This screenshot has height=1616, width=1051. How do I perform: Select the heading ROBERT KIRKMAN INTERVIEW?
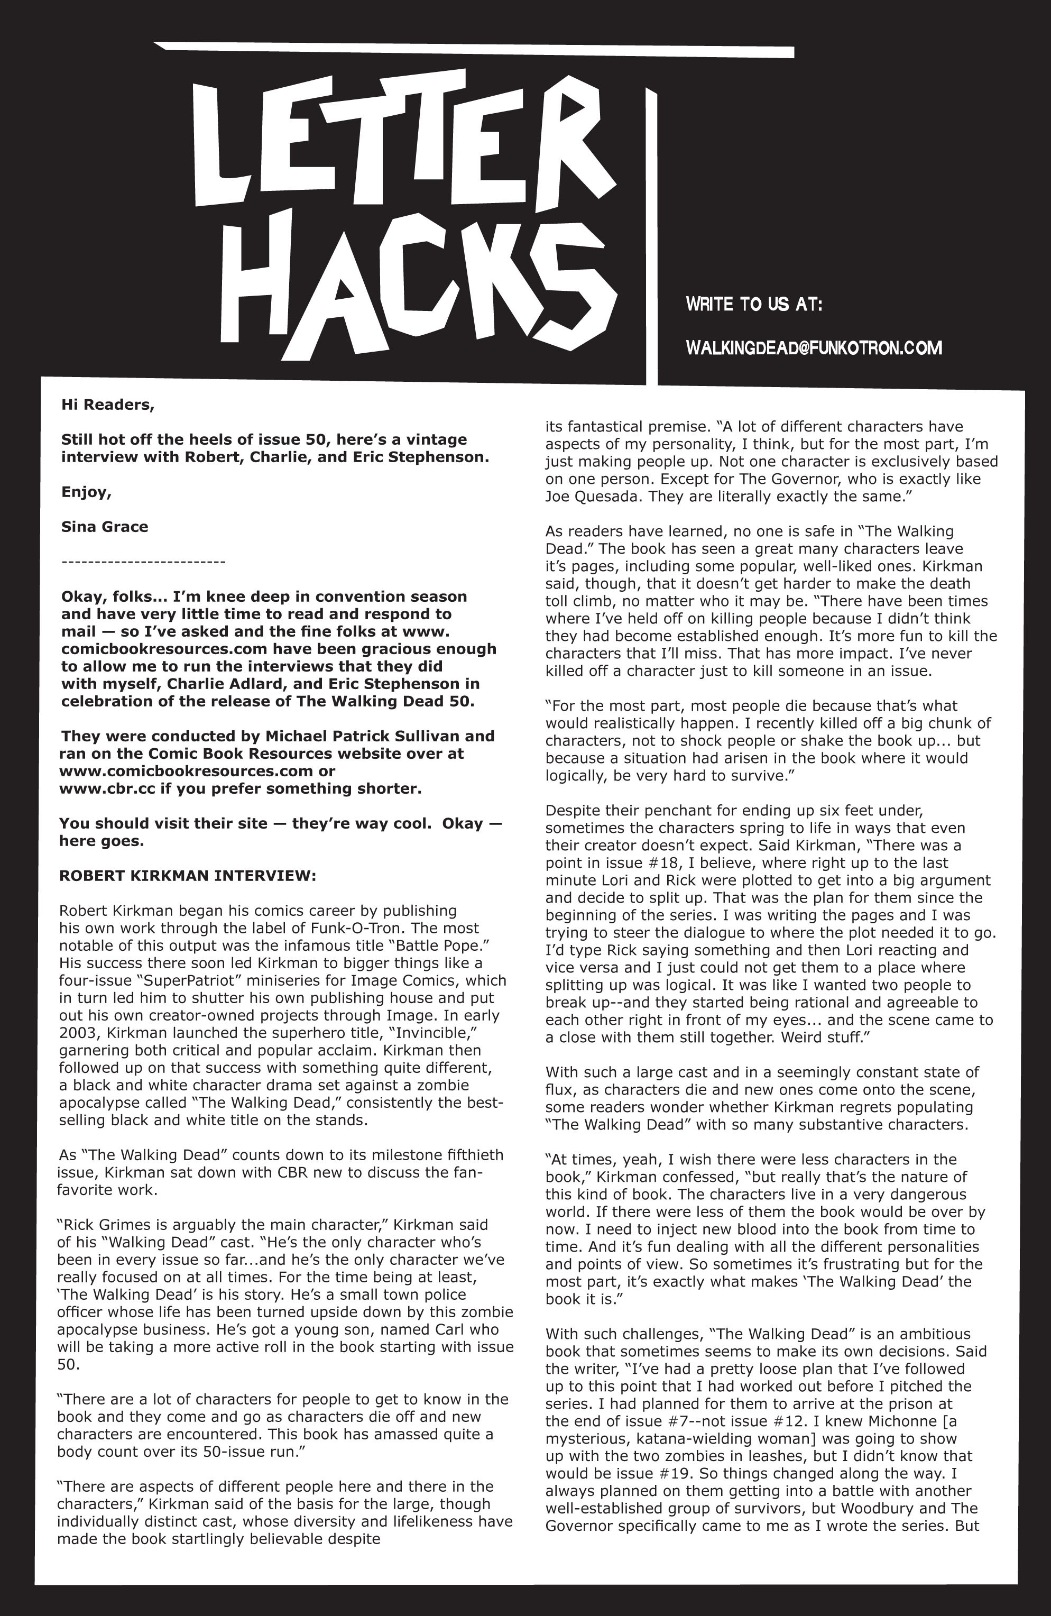187,876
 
